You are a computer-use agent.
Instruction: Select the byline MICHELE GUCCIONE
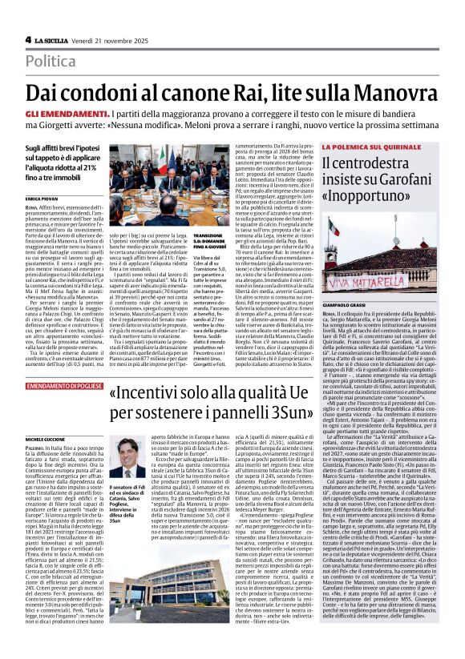(46, 417)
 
